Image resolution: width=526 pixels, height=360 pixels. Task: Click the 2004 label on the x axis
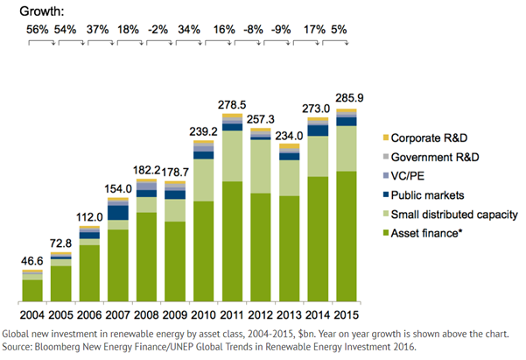(x=32, y=314)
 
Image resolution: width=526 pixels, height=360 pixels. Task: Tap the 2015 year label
(x=347, y=314)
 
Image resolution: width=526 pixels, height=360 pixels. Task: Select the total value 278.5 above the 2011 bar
(x=233, y=104)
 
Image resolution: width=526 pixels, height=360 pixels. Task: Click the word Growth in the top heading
(x=28, y=10)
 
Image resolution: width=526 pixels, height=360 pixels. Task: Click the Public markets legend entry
(x=428, y=195)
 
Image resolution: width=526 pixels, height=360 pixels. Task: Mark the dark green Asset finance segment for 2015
(x=347, y=236)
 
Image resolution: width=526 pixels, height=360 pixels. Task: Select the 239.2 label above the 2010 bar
(x=204, y=130)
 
